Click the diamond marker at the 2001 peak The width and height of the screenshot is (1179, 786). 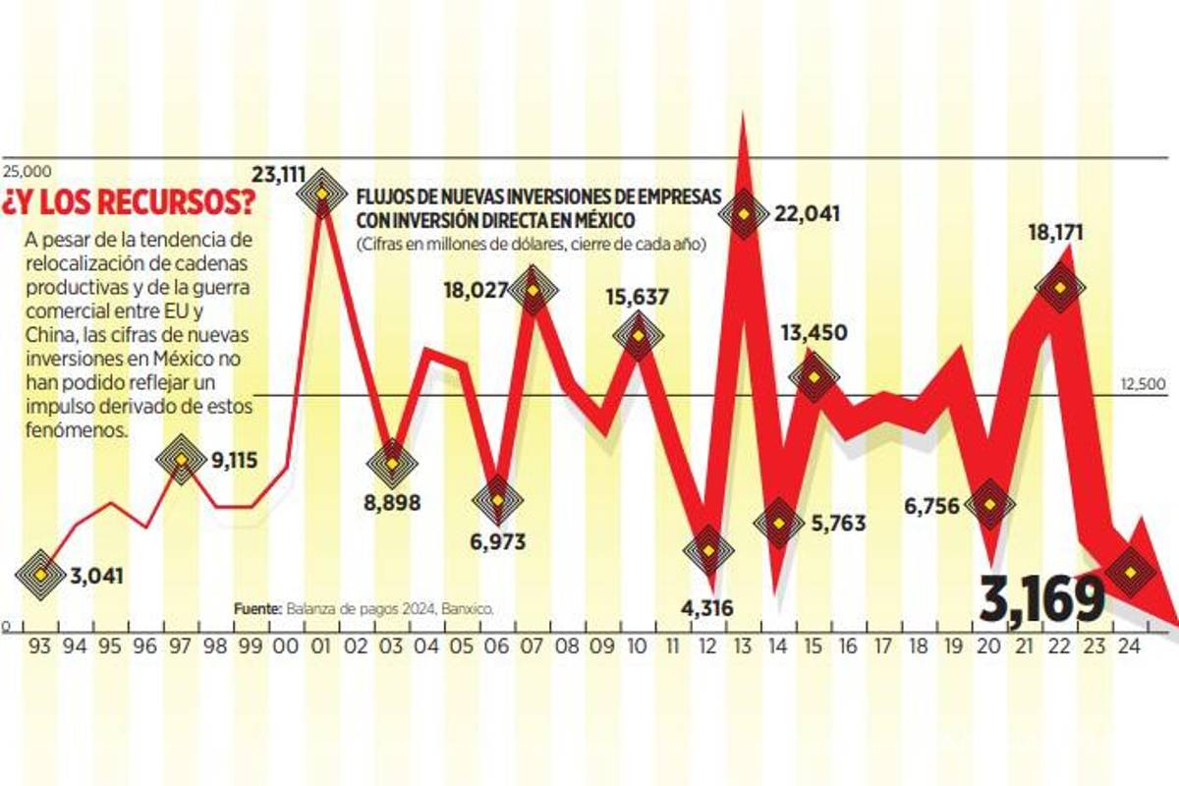[320, 193]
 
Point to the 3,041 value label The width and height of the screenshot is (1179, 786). [96, 576]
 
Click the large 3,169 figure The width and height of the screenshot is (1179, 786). [1041, 600]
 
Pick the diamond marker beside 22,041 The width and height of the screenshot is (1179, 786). [744, 213]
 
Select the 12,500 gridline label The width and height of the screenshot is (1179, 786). [1146, 384]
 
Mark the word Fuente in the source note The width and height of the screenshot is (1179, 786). [257, 609]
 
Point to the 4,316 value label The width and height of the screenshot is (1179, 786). [706, 606]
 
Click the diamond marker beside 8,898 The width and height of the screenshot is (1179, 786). [391, 463]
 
